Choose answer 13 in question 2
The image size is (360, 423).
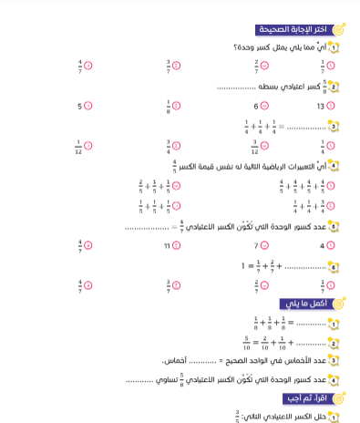pos(321,106)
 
